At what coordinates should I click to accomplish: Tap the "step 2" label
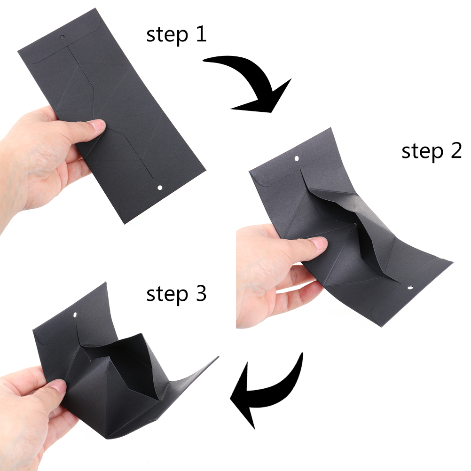pos(432,151)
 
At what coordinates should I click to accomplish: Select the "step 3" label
pos(176,294)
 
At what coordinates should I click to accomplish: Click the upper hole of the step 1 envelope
pos(63,37)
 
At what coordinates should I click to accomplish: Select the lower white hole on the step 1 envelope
pos(160,188)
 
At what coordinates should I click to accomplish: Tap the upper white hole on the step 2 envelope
pos(297,158)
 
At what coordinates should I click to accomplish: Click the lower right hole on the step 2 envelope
pos(410,288)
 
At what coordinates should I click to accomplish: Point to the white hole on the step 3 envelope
pos(75,315)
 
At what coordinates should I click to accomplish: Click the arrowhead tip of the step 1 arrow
pos(271,113)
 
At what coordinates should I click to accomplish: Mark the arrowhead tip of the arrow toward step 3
pos(230,399)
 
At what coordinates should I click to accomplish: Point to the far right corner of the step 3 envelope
pos(219,357)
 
